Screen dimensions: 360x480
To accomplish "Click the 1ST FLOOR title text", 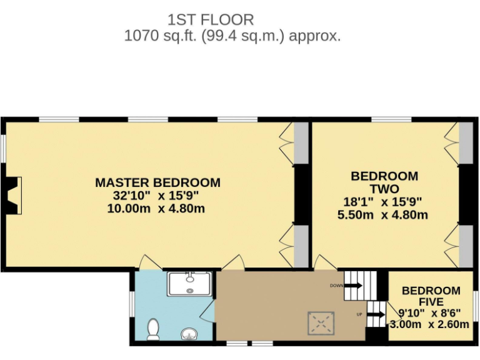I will click(x=211, y=20).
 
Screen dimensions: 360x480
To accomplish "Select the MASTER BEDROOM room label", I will click(x=157, y=183).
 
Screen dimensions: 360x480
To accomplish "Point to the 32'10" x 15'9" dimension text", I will click(x=157, y=196).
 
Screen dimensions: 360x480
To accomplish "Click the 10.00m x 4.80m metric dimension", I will click(x=156, y=209).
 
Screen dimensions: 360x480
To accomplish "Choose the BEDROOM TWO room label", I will click(x=384, y=182).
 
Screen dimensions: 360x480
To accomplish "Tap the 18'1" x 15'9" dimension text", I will click(x=384, y=202).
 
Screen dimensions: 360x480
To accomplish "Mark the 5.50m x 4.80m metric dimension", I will click(x=384, y=215).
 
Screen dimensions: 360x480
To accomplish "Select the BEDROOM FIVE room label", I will click(x=431, y=296).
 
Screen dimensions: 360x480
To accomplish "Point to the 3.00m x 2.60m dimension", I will click(x=429, y=324).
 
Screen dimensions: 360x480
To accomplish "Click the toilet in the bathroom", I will click(x=153, y=329).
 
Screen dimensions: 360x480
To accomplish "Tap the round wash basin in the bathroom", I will click(x=189, y=334).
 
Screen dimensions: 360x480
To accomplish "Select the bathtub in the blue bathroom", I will click(x=191, y=284).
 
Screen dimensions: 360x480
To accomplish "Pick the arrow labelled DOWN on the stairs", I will click(x=353, y=286).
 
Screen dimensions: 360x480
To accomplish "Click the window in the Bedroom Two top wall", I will click(x=391, y=119).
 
